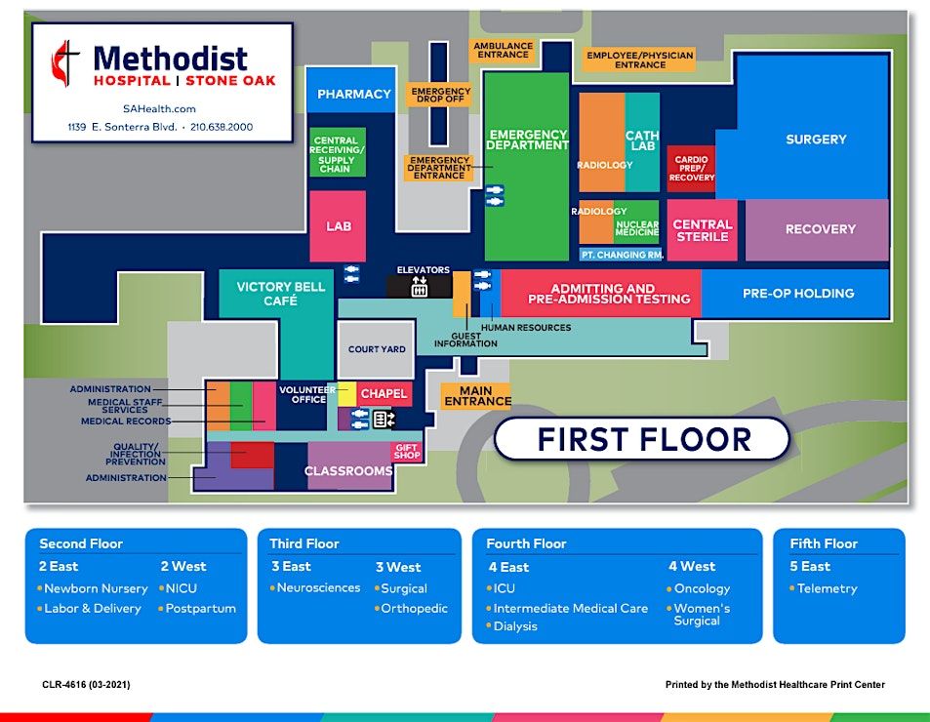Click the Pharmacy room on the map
(353, 94)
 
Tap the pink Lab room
(338, 226)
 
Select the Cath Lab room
(642, 141)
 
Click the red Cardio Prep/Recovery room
(691, 168)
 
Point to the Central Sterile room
(702, 230)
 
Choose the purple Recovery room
(818, 229)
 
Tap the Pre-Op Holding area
(796, 293)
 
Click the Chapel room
(384, 394)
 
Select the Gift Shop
(406, 452)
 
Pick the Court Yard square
(377, 349)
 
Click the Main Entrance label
(477, 395)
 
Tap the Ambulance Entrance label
(503, 50)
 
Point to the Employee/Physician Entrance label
(639, 60)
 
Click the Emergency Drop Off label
(440, 95)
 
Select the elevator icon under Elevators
(420, 287)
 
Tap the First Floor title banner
(642, 439)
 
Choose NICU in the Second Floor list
(181, 588)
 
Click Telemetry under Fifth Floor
(827, 588)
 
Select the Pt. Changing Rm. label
(622, 255)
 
